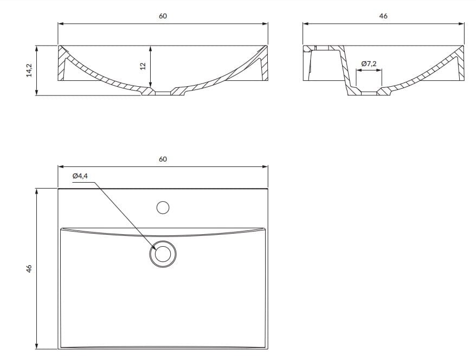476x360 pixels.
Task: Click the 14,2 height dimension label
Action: pos(30,70)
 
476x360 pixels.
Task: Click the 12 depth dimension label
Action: pos(143,66)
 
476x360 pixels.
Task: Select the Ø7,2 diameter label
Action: pos(369,64)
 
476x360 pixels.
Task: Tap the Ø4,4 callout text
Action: pos(80,176)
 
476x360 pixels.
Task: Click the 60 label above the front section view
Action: pos(163,16)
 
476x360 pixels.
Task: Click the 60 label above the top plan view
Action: pos(163,159)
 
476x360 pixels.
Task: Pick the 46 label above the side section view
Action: pos(383,16)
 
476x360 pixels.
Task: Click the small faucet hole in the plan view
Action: pos(163,207)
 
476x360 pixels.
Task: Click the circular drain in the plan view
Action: pos(163,254)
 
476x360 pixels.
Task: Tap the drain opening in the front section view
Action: pos(163,93)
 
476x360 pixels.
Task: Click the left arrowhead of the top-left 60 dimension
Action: pos(60,23)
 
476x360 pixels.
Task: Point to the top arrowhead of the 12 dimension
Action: pos(150,48)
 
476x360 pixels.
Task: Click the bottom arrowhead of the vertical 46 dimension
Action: pos(37,346)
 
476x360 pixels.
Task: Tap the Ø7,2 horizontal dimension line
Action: pos(369,70)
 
